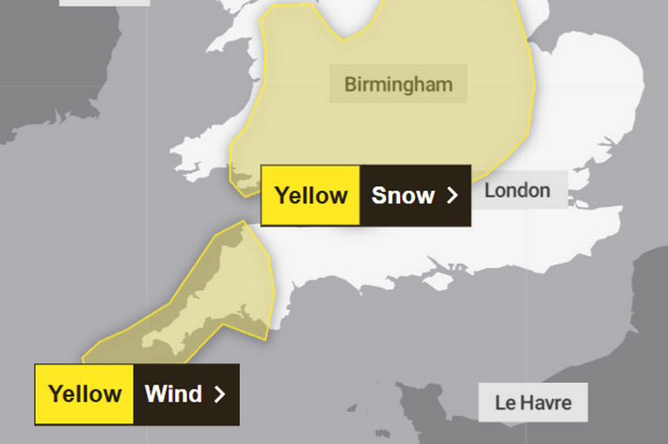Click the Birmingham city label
(x=398, y=84)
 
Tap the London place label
(x=517, y=189)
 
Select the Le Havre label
(x=533, y=402)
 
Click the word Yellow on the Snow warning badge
(x=311, y=195)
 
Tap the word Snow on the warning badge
(x=403, y=195)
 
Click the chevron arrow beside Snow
(x=451, y=195)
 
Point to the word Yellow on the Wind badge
(x=84, y=394)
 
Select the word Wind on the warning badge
(x=173, y=394)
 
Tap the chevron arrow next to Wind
(x=219, y=394)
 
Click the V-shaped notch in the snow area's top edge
(x=346, y=36)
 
